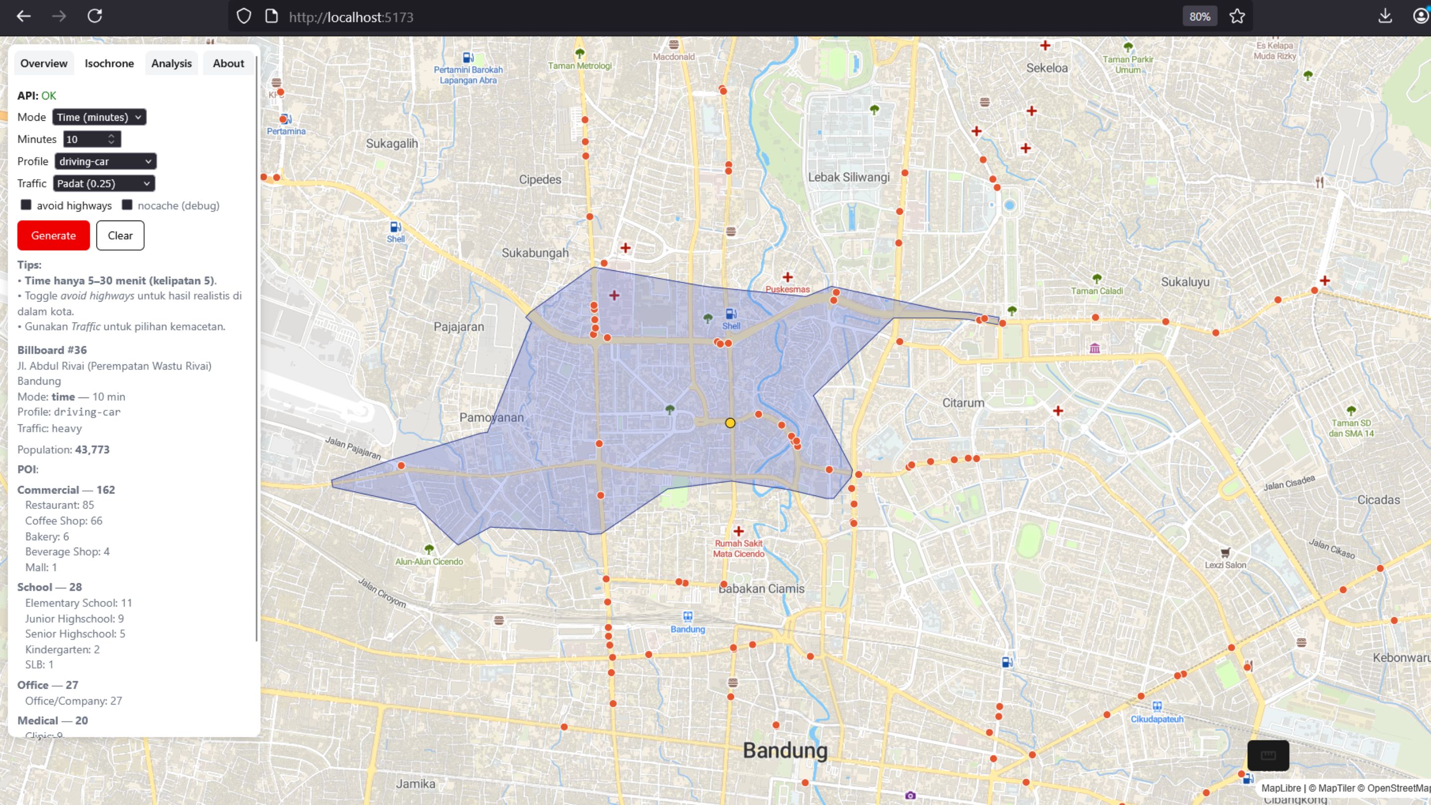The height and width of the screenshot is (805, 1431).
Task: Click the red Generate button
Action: pyautogui.click(x=53, y=236)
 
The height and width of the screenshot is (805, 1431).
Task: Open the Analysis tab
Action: pyautogui.click(x=171, y=63)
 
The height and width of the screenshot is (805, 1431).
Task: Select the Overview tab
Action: pyautogui.click(x=43, y=63)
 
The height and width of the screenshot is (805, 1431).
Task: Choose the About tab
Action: pyautogui.click(x=229, y=63)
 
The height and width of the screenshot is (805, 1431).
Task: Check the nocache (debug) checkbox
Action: pyautogui.click(x=127, y=205)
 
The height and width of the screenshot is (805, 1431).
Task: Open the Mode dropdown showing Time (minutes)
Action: pyautogui.click(x=99, y=117)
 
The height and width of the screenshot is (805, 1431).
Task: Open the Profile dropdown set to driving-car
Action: pyautogui.click(x=105, y=161)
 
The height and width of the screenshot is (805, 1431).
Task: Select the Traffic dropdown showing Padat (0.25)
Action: pyautogui.click(x=104, y=184)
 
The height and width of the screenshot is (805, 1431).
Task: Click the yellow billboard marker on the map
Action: pyautogui.click(x=730, y=423)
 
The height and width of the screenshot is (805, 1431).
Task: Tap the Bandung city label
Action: pyautogui.click(x=785, y=750)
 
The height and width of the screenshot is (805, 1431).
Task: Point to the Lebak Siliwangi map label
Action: pyautogui.click(x=848, y=177)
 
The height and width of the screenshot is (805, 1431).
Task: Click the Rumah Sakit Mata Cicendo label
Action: pyautogui.click(x=738, y=548)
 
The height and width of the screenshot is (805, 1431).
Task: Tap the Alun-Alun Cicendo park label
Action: pyautogui.click(x=429, y=561)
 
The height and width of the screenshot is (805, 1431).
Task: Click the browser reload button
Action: pyautogui.click(x=95, y=16)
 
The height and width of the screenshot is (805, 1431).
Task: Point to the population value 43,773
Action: pyautogui.click(x=92, y=449)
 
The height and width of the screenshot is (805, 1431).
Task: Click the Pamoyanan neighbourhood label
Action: pyautogui.click(x=491, y=418)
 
